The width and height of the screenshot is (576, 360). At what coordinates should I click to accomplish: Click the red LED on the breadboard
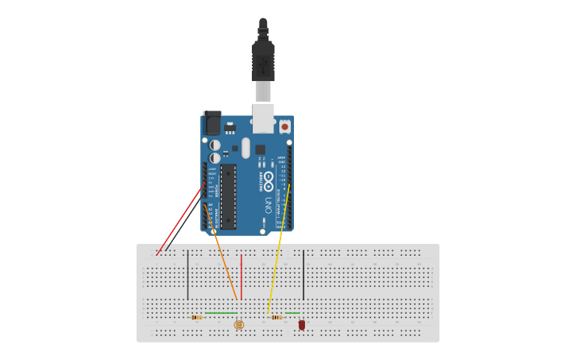[x=302, y=324]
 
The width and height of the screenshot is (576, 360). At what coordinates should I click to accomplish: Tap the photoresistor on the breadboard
[x=239, y=324]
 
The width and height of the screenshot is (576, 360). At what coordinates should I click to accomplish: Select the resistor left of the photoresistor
[x=196, y=317]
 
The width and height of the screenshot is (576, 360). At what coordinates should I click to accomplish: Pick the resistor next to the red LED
[x=276, y=317]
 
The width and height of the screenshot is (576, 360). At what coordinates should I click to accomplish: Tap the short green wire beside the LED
[x=292, y=313]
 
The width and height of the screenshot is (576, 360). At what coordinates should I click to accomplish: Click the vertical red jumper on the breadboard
[x=242, y=277]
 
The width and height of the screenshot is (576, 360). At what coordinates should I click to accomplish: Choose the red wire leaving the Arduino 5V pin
[x=181, y=219]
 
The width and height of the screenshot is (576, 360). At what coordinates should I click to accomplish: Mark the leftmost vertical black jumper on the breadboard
[x=187, y=275]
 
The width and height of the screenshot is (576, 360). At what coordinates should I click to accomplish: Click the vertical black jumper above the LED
[x=303, y=275]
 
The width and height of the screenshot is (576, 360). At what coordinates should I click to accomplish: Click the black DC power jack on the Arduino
[x=212, y=122]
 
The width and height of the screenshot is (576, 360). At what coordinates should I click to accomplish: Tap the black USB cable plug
[x=263, y=60]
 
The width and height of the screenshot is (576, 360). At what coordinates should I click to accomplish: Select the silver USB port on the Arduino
[x=263, y=117]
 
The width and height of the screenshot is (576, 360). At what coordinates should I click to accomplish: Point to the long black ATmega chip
[x=228, y=196]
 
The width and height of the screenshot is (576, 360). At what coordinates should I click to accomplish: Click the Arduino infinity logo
[x=269, y=178]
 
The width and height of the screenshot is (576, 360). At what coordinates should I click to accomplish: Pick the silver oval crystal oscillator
[x=246, y=148]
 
